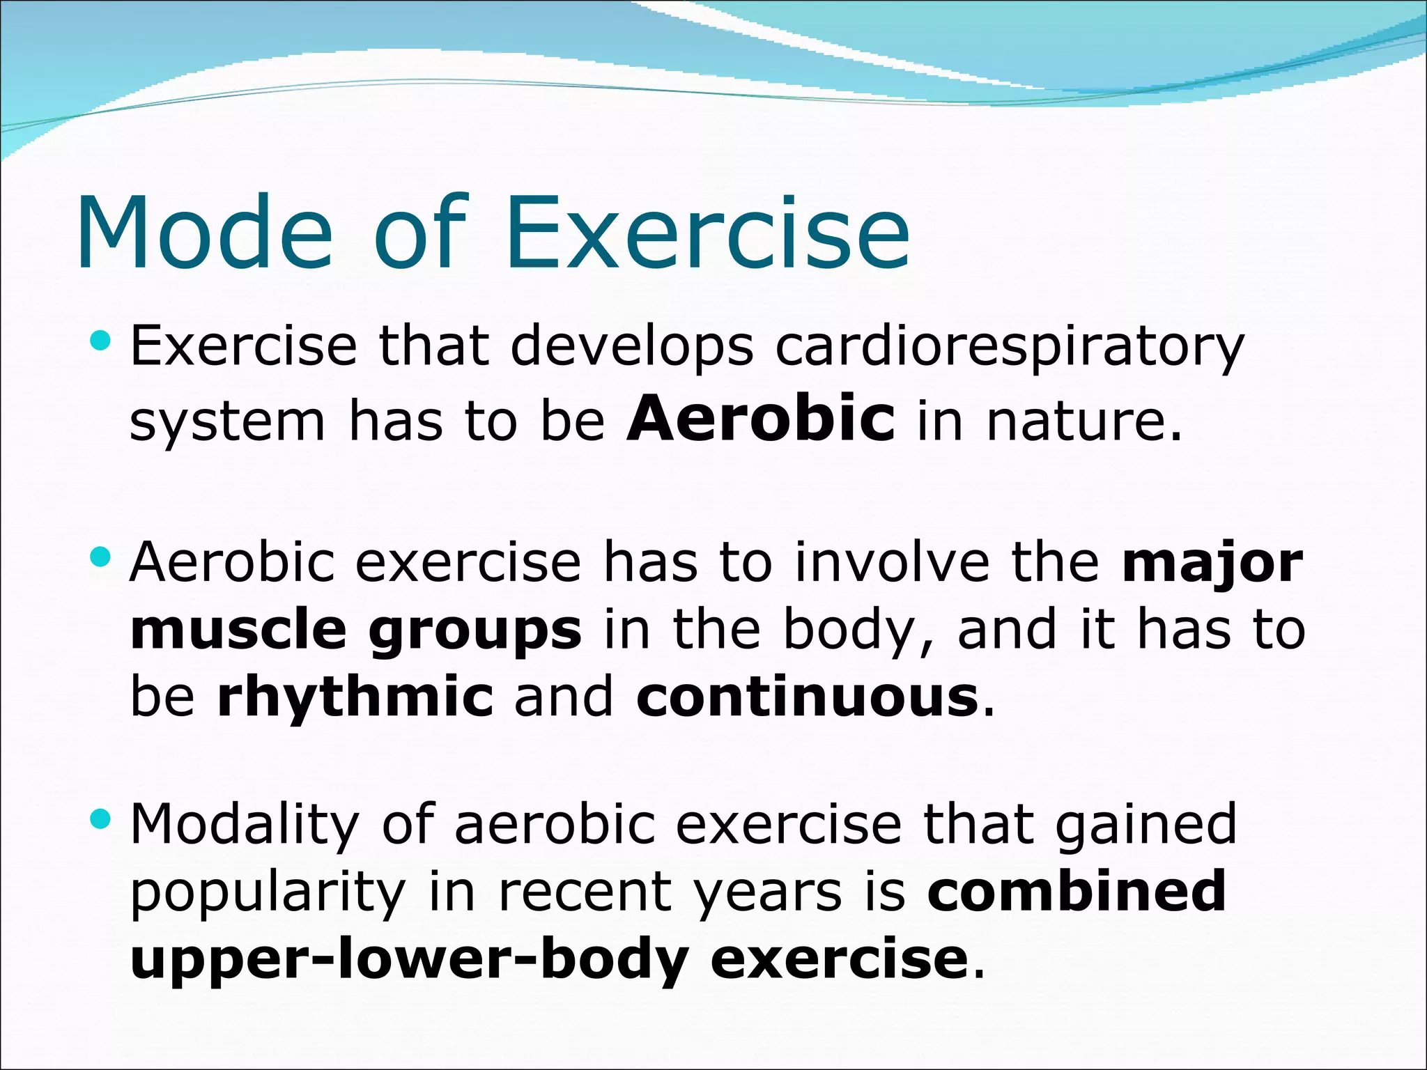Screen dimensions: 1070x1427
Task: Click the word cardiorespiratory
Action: [x=1009, y=347]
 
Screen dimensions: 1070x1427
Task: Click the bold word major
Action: [x=1212, y=563]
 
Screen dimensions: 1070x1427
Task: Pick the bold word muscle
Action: [x=238, y=630]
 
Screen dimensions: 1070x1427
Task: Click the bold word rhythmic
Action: [x=355, y=697]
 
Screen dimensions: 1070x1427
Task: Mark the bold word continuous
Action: [x=807, y=697]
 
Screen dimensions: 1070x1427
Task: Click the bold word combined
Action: [x=1077, y=891]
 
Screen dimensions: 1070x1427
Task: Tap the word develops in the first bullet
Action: [x=632, y=347]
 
